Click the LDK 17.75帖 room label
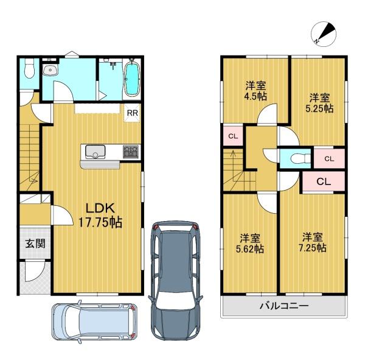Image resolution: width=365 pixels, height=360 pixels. coord(100,215)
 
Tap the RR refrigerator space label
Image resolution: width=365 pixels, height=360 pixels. coord(133,113)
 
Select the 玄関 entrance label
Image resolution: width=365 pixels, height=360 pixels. coord(35,244)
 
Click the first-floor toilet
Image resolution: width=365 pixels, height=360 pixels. coord(29,68)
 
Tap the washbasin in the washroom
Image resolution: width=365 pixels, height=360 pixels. coord(50,70)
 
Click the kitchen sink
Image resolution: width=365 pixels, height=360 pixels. coord(96,152)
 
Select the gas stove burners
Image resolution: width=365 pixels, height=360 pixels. coord(131,151)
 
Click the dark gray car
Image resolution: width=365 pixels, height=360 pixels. coord(176,281)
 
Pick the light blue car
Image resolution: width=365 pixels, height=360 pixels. coord(94,322)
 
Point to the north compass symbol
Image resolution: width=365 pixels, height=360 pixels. coord(324,34)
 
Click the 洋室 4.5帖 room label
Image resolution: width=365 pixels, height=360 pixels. coord(255,91)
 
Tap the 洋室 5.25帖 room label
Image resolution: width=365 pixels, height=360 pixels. coord(319,103)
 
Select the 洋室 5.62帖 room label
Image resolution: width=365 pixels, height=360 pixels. coord(250,244)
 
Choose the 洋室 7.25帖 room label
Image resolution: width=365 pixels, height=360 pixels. coord(313,242)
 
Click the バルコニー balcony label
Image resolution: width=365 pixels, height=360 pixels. coord(284,305)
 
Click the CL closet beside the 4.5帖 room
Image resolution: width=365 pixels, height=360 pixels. coord(233,136)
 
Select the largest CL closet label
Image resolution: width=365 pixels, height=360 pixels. coord(324,182)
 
